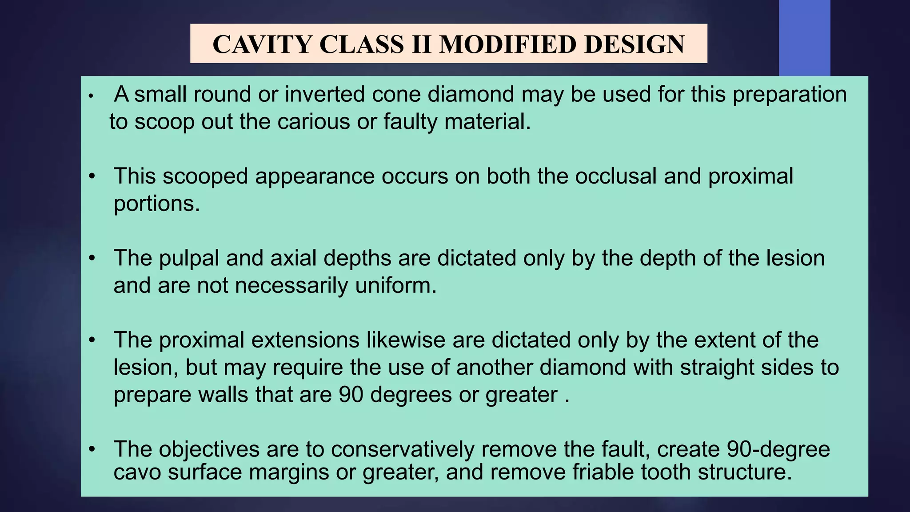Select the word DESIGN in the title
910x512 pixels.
[634, 44]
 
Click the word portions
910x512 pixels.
[157, 204]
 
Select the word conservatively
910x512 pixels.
[403, 449]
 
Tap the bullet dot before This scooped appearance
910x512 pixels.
[92, 176]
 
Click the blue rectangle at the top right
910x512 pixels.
[804, 38]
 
